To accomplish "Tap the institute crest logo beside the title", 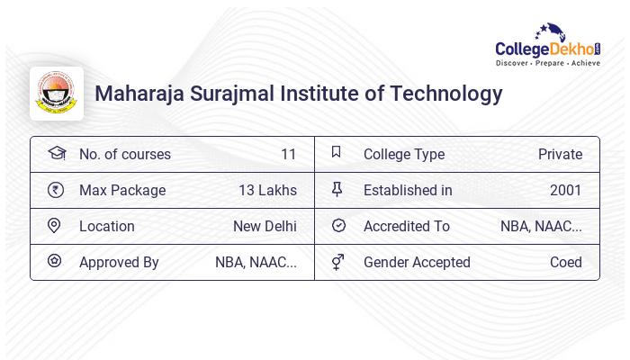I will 57,94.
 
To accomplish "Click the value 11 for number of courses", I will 288,154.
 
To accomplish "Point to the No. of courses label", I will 124,154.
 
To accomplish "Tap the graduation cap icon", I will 57,153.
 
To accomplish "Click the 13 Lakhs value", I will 267,190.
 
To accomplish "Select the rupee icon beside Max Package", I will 56,190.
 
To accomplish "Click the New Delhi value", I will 265,226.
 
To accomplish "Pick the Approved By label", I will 119,262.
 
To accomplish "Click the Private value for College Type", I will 560,154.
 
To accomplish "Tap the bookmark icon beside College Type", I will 336,152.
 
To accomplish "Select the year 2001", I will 565,190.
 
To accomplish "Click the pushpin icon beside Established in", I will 337,189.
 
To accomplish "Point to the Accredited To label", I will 406,226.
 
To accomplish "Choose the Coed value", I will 565,262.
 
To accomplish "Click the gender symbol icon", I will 337,262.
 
